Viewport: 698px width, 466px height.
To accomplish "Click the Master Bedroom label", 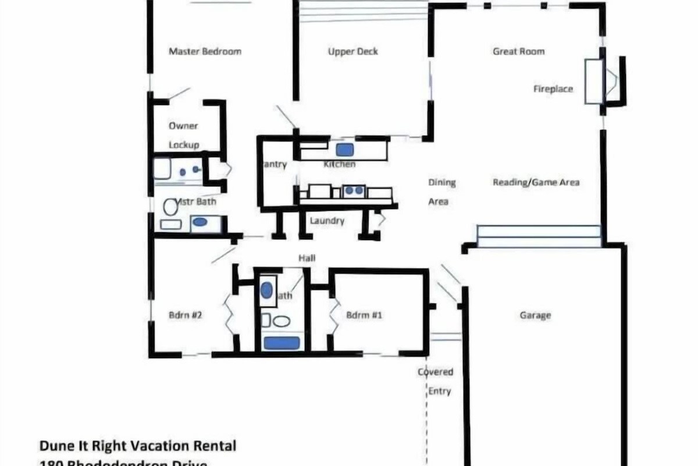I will (x=205, y=51).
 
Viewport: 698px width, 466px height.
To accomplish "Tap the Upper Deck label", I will (x=352, y=51).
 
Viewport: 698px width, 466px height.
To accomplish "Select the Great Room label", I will (x=518, y=51).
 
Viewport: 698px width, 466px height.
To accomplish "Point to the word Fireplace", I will (x=553, y=89).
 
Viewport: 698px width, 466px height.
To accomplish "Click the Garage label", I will (x=535, y=316).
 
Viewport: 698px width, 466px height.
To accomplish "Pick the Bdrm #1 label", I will (x=364, y=316).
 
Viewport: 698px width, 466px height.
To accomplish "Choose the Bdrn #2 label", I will (x=185, y=316).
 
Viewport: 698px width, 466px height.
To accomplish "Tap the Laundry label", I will (x=327, y=221).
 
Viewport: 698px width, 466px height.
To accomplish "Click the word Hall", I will (x=307, y=257).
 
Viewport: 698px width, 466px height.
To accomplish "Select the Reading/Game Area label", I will (x=536, y=182).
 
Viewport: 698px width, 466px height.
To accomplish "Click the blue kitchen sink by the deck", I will (x=345, y=150).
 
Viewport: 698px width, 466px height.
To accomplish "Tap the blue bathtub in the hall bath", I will (x=282, y=343).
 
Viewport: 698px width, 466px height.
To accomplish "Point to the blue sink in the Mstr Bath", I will (x=200, y=221).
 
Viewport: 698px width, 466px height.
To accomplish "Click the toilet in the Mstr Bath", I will (x=170, y=206).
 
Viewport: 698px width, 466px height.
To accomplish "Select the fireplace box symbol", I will (x=593, y=81).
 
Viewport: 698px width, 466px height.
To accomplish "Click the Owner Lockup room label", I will (x=184, y=135).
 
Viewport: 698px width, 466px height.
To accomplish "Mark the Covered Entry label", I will (x=436, y=381).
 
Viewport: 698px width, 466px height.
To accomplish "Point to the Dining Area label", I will (x=441, y=192).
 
